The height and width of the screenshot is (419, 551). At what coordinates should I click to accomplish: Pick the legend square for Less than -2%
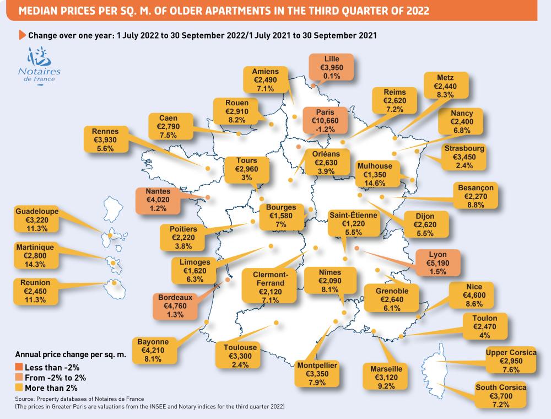(19, 368)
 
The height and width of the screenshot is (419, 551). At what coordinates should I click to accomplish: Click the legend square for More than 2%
(19, 388)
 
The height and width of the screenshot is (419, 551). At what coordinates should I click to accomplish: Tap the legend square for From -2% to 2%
(19, 378)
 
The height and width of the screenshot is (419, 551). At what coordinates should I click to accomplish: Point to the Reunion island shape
(116, 286)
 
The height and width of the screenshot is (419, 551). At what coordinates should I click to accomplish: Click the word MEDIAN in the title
(37, 10)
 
